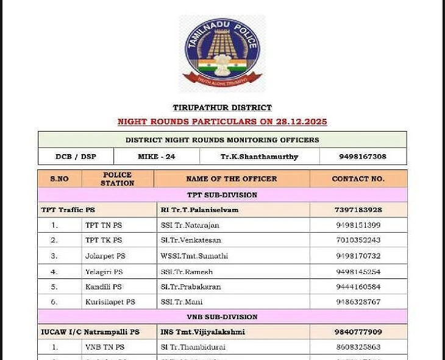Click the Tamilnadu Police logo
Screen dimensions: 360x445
click(222, 54)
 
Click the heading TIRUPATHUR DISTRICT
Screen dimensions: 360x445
click(222, 108)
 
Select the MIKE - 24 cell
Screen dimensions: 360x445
click(157, 157)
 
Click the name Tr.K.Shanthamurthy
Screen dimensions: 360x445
click(259, 157)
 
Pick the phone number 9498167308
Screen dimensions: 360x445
click(363, 157)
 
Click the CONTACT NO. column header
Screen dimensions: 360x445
click(358, 179)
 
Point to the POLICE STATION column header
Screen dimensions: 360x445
click(118, 179)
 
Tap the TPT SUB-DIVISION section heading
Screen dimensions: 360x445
click(222, 195)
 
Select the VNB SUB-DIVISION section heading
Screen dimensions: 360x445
click(222, 317)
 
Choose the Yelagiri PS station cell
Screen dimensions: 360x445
click(104, 272)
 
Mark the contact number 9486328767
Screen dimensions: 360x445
click(358, 302)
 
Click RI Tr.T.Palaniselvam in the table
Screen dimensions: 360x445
click(199, 210)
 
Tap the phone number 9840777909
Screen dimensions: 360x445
click(358, 332)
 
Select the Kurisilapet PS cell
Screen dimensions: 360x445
click(110, 302)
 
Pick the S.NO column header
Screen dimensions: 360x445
click(59, 179)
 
